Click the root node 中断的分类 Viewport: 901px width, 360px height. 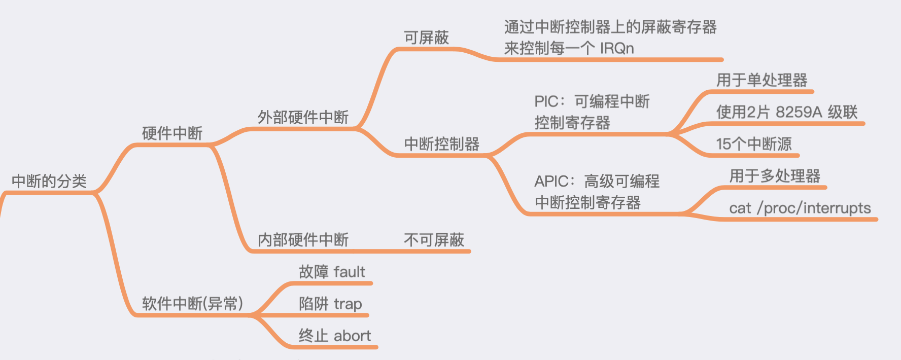(49, 181)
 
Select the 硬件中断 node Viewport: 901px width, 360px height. (172, 133)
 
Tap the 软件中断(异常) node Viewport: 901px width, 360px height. (192, 304)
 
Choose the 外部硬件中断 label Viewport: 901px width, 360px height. (303, 118)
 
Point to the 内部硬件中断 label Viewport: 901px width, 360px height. (303, 240)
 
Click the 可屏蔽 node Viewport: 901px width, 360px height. (426, 38)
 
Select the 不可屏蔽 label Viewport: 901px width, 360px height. (434, 240)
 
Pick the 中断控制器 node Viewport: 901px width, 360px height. (441, 144)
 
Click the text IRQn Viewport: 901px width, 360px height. (617, 49)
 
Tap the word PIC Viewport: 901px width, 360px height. (546, 101)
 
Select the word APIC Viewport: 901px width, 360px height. (552, 182)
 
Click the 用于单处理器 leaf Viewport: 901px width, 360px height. (761, 80)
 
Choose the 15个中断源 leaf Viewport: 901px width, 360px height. (753, 144)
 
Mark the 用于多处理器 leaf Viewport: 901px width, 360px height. (775, 176)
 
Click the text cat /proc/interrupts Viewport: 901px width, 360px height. (800, 208)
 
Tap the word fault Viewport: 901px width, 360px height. (350, 272)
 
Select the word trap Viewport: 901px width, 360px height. (348, 304)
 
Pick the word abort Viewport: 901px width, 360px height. (352, 336)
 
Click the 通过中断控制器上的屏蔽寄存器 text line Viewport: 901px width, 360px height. (610, 27)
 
